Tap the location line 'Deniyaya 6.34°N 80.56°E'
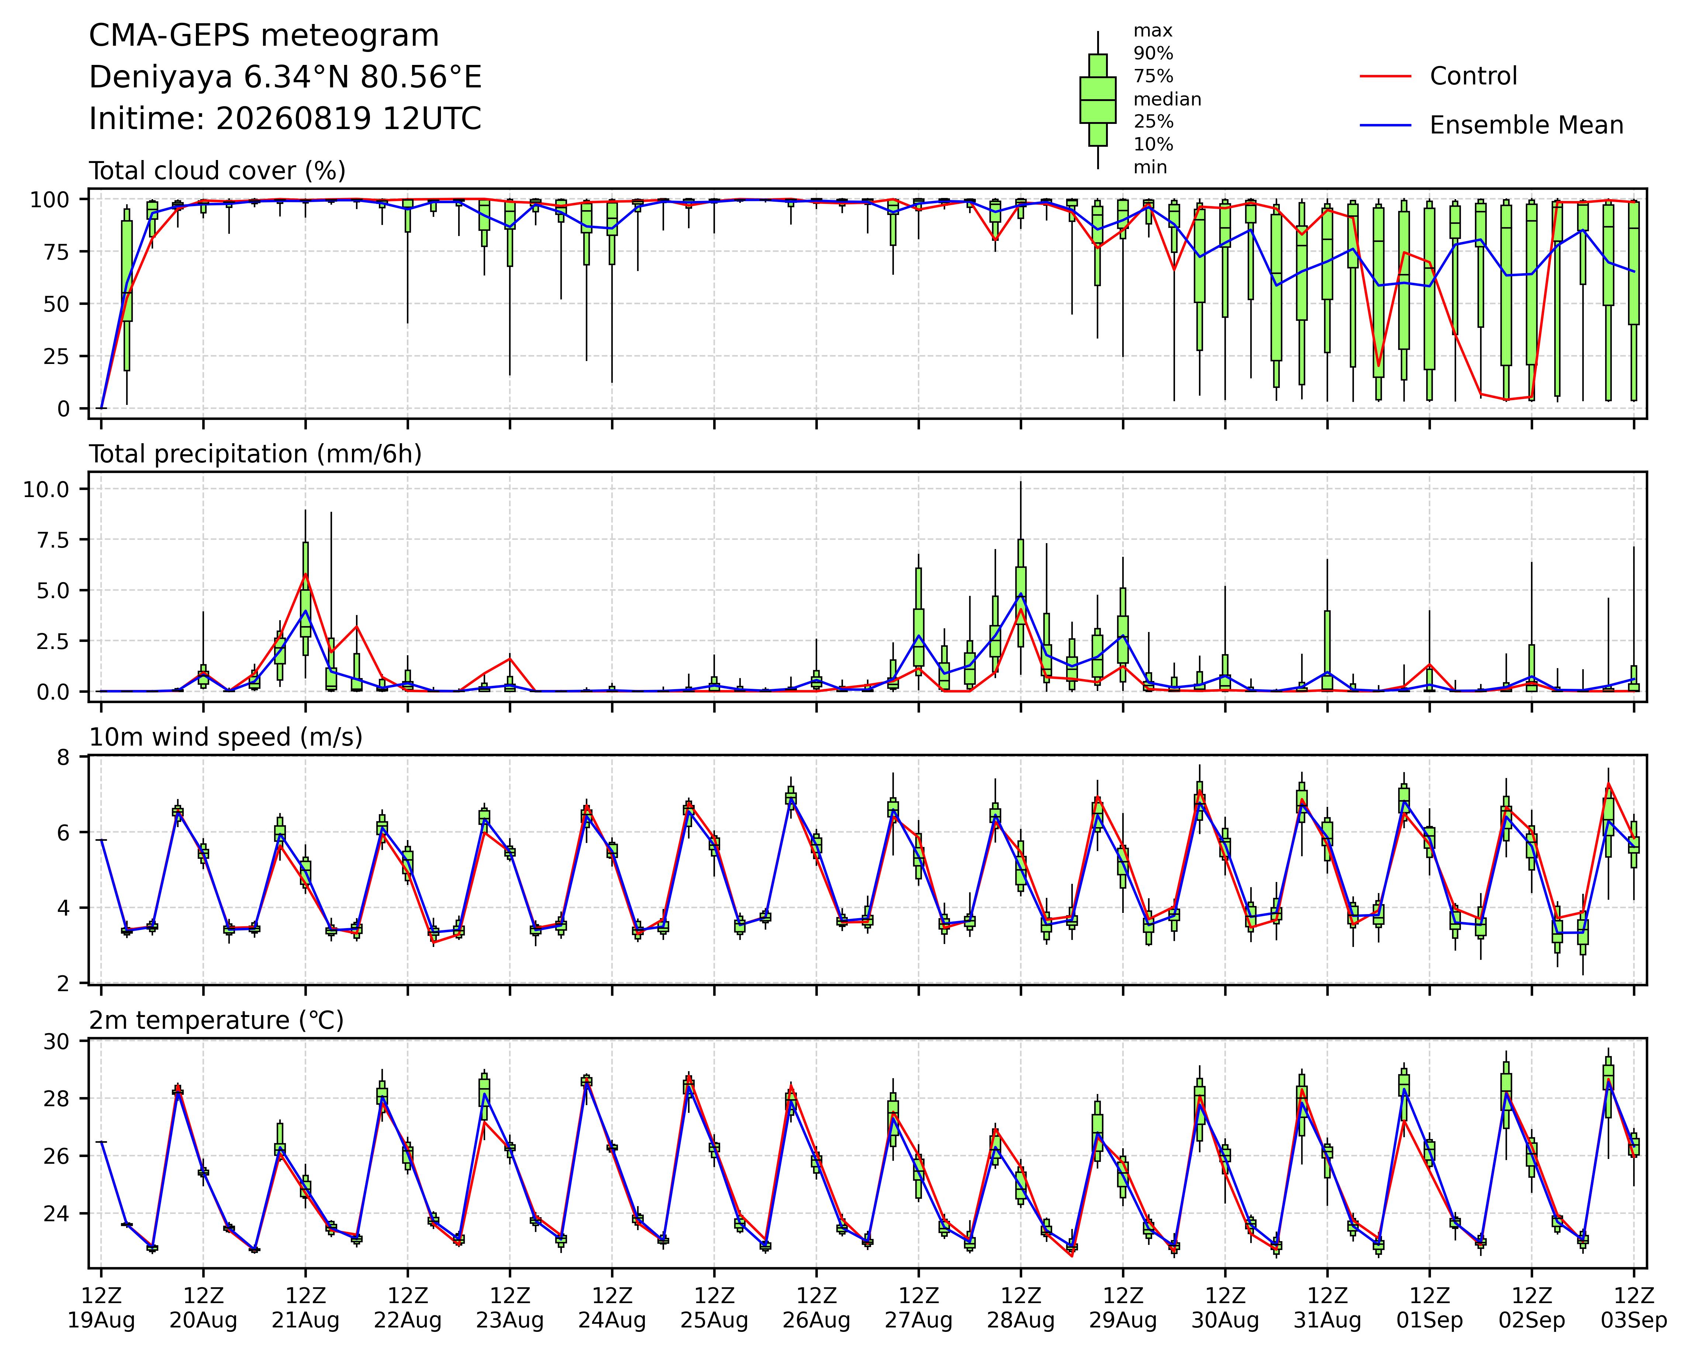(x=285, y=77)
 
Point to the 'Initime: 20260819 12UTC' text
(x=285, y=119)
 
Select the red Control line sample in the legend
(x=1385, y=76)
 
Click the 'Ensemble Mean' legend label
(x=1526, y=125)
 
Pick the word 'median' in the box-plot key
(x=1167, y=100)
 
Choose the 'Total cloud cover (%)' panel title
(x=217, y=171)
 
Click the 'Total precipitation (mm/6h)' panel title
(x=256, y=454)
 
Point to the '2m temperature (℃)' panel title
(x=216, y=1021)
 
